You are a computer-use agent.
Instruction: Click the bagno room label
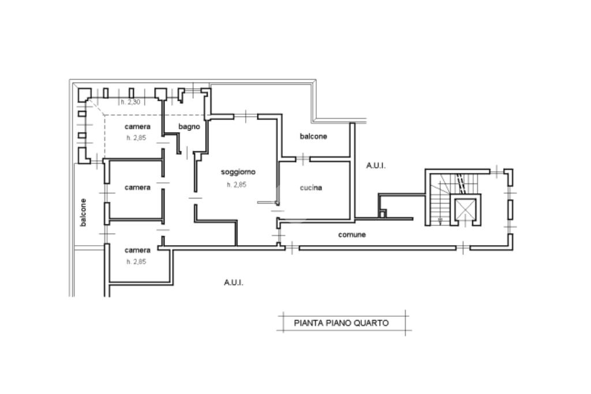click(x=189, y=127)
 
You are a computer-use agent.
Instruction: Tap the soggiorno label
click(x=238, y=172)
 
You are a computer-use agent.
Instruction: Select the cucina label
click(x=311, y=187)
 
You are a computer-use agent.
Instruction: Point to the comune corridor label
click(x=351, y=235)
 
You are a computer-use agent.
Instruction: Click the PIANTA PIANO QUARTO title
click(x=341, y=323)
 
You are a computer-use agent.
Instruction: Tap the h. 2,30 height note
click(x=130, y=102)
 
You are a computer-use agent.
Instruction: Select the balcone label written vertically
click(x=83, y=212)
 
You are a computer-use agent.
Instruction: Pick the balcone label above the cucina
click(x=313, y=136)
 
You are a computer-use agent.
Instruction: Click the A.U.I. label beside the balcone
click(x=376, y=166)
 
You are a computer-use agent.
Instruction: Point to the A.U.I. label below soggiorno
click(x=233, y=283)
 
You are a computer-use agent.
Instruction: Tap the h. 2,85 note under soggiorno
click(x=236, y=185)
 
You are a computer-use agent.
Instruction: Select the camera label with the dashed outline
click(x=137, y=127)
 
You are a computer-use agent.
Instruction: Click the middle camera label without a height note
click(x=137, y=187)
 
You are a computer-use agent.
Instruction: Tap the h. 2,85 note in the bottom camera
click(x=136, y=262)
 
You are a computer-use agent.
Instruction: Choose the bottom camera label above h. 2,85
click(x=137, y=250)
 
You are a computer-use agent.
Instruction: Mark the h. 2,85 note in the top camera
click(x=136, y=138)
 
